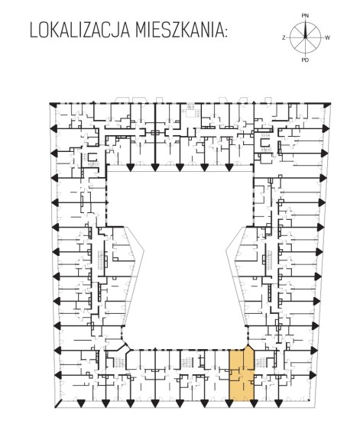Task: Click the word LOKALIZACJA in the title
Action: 79,31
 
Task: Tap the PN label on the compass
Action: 305,16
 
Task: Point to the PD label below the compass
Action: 305,60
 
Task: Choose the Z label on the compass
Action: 284,37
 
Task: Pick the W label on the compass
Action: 327,37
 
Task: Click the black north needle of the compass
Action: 305,29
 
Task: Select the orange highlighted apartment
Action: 242,374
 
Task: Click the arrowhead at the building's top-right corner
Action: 327,105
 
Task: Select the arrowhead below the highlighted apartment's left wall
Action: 229,404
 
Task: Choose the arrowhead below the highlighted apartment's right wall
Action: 254,404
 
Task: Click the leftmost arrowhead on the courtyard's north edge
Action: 130,167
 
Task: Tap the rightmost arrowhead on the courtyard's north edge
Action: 229,167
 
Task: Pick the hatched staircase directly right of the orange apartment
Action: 261,362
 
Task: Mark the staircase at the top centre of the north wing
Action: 191,111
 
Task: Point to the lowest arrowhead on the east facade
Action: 313,375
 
